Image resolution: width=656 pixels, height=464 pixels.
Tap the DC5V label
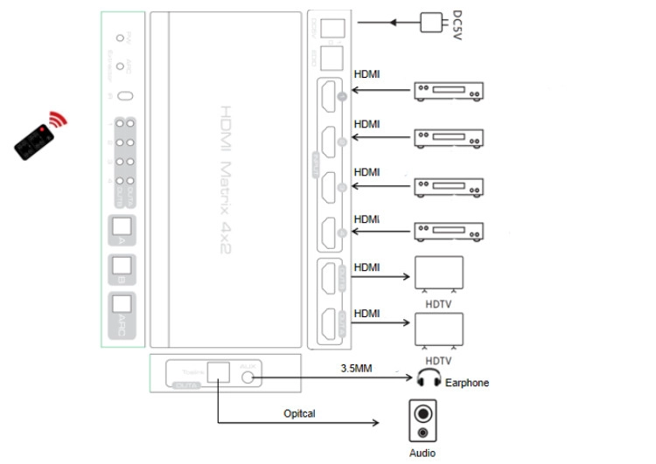(x=457, y=24)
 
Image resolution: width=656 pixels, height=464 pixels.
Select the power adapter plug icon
(x=430, y=23)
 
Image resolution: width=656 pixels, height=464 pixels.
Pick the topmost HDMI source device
(x=448, y=91)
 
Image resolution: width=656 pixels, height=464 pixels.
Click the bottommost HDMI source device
(x=448, y=232)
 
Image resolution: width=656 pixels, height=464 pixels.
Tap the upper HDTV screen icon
(x=438, y=274)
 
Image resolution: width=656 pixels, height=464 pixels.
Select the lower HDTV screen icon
(x=438, y=331)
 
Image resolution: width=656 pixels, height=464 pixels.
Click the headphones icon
(x=428, y=378)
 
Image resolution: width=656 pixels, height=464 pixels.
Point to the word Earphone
(x=467, y=383)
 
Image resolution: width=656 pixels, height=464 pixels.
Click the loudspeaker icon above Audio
(x=422, y=420)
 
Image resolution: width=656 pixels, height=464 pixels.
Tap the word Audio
(x=422, y=453)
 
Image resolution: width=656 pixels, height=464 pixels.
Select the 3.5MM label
(x=356, y=369)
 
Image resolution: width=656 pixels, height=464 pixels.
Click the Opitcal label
(x=300, y=412)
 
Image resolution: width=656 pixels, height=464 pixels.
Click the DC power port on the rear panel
(x=329, y=27)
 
